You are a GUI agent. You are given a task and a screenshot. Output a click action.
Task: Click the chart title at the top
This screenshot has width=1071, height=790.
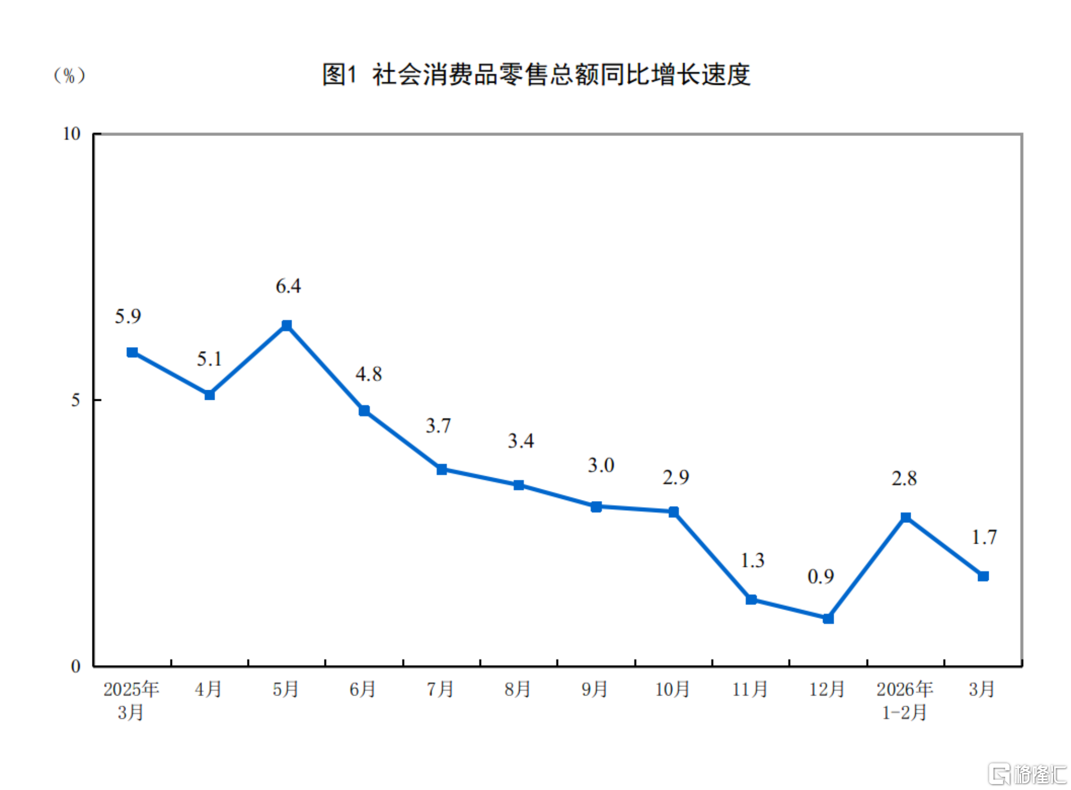pyautogui.click(x=536, y=75)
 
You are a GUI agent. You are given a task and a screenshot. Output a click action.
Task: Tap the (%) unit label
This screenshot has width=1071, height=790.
pyautogui.click(x=69, y=76)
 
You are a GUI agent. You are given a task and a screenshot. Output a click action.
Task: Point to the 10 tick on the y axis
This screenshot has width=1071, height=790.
pyautogui.click(x=72, y=134)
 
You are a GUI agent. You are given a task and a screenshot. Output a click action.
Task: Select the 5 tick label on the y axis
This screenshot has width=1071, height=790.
pyautogui.click(x=76, y=400)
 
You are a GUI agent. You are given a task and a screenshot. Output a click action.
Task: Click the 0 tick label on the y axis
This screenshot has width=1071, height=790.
pyautogui.click(x=76, y=667)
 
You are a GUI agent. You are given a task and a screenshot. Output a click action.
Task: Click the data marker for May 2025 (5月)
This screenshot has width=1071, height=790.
pyautogui.click(x=287, y=325)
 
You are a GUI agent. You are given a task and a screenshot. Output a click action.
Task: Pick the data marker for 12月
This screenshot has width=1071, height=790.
pyautogui.click(x=828, y=619)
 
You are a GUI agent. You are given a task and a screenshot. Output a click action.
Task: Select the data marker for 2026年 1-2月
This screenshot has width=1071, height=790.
pyautogui.click(x=905, y=517)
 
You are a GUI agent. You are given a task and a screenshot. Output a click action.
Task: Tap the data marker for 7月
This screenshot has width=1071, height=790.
pyautogui.click(x=442, y=470)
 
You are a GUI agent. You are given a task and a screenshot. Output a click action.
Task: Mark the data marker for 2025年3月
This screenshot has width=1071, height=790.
pyautogui.click(x=132, y=352)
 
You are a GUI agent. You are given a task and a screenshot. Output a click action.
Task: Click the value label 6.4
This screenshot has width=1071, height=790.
pyautogui.click(x=288, y=286)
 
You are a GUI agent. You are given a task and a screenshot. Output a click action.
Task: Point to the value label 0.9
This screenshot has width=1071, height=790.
pyautogui.click(x=821, y=577)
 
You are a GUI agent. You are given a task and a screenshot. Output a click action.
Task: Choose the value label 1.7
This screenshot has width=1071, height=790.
pyautogui.click(x=984, y=537)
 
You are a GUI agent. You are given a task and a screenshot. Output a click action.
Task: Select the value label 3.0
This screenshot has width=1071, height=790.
pyautogui.click(x=601, y=465)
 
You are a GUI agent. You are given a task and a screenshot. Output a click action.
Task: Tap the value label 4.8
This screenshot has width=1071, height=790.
pyautogui.click(x=368, y=374)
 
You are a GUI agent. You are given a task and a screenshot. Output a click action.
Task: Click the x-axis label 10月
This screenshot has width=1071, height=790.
pyautogui.click(x=673, y=689)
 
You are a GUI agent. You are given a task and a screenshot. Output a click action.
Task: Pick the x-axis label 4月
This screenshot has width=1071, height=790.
pyautogui.click(x=209, y=689)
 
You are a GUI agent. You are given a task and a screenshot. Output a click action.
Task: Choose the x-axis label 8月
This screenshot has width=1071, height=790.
pyautogui.click(x=518, y=689)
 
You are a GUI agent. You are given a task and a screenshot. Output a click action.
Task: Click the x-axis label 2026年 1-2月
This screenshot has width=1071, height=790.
pyautogui.click(x=904, y=700)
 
